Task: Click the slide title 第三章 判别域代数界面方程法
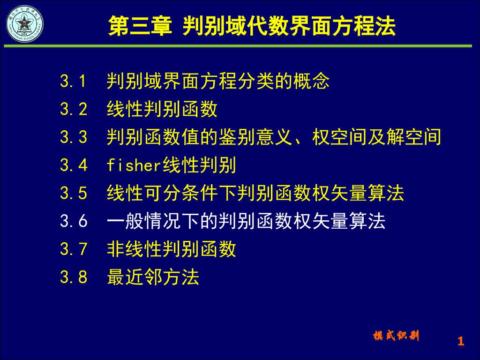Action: point(252,26)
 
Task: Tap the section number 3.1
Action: point(74,82)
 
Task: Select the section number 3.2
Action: point(74,109)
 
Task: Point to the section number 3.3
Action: point(74,137)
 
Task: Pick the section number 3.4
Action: point(74,165)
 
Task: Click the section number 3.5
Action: point(74,193)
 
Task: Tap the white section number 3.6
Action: point(74,221)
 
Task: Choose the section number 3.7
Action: point(74,249)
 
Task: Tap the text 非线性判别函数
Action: point(172,249)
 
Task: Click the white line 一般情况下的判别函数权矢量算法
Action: point(246,221)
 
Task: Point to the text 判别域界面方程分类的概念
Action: point(218,82)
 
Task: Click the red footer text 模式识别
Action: point(396,336)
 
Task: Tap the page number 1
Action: point(460,341)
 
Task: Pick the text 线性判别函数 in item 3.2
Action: point(162,109)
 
